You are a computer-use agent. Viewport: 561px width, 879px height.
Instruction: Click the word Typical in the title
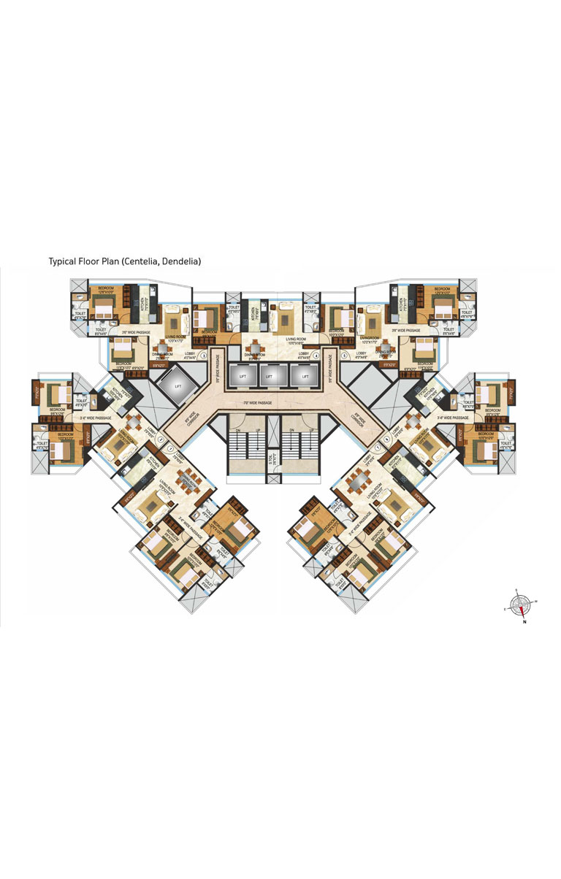(63, 261)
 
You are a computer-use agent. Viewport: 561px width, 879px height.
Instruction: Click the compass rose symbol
(520, 602)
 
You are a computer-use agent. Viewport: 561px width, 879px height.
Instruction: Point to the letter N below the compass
(524, 623)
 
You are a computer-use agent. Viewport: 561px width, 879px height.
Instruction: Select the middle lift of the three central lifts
(269, 376)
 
